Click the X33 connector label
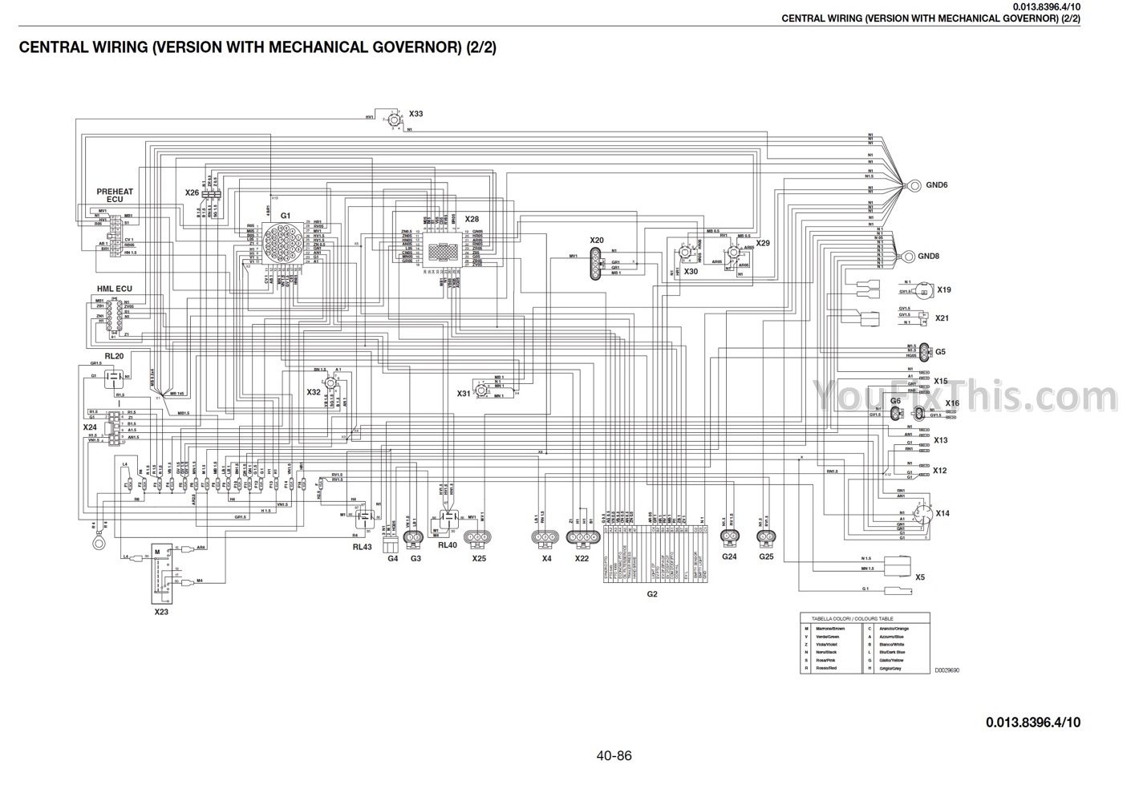(x=416, y=114)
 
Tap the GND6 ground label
(x=937, y=184)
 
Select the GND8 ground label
(x=928, y=256)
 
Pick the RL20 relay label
(x=114, y=355)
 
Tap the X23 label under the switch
(x=161, y=611)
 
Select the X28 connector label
(x=472, y=219)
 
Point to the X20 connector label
(x=596, y=240)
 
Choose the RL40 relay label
(x=447, y=544)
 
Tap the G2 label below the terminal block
(x=652, y=594)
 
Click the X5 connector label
(x=920, y=577)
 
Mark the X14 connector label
(x=943, y=513)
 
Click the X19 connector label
(x=944, y=289)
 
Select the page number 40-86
(x=614, y=755)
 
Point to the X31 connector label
(x=464, y=393)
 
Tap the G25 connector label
(x=766, y=556)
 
